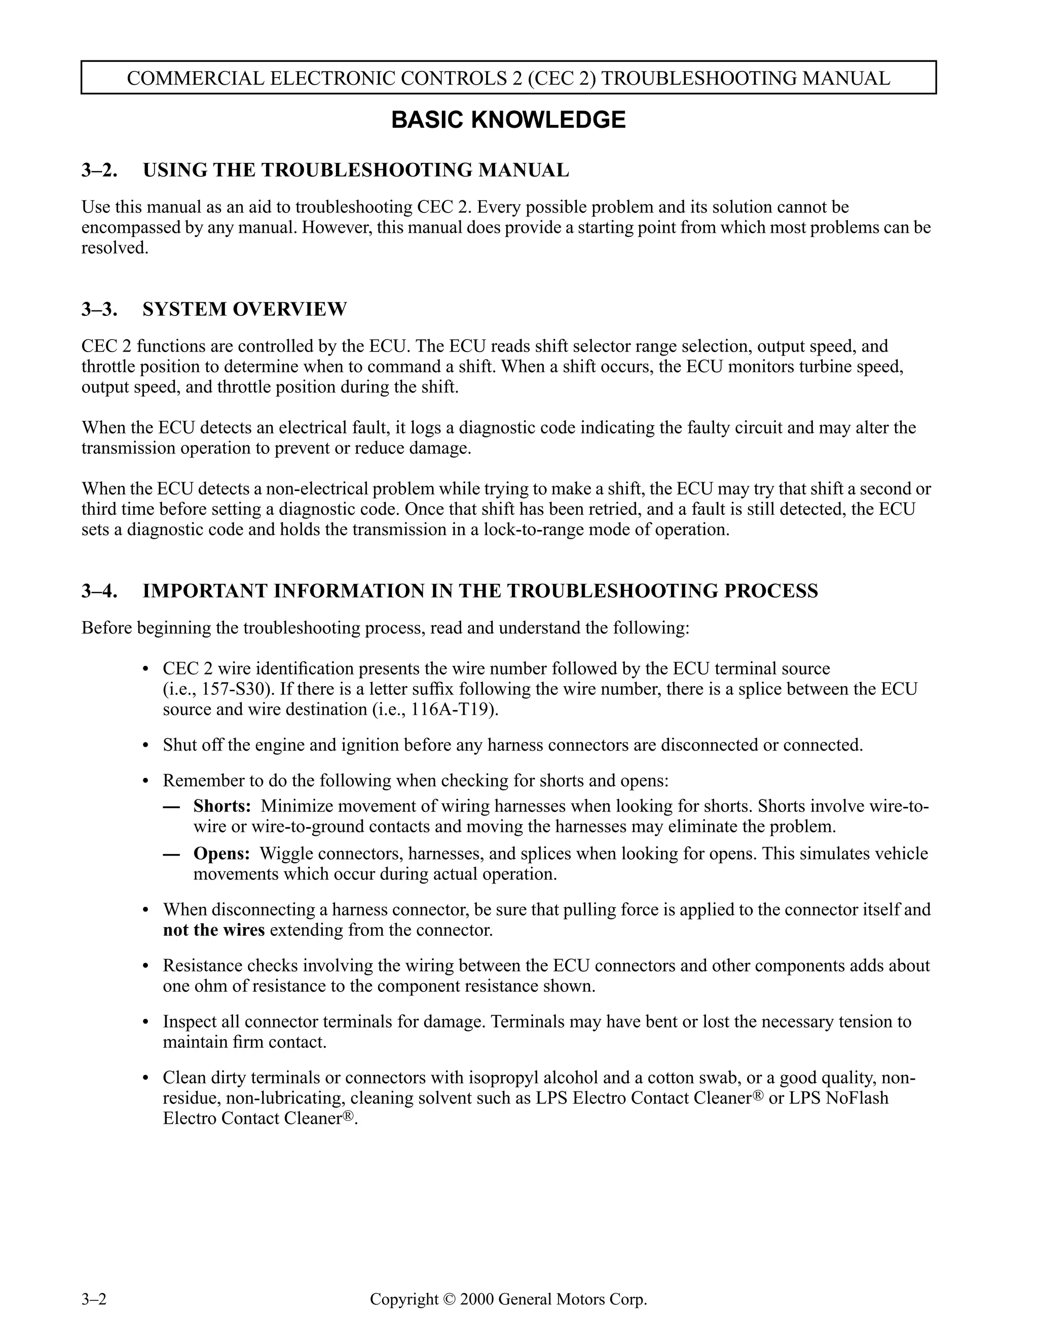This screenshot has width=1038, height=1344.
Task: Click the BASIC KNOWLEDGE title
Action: coord(508,120)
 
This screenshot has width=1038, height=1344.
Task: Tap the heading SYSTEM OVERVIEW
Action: coord(245,309)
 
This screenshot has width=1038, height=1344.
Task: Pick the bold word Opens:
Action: coord(221,854)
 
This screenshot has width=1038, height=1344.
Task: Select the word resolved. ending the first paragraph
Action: coord(115,248)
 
